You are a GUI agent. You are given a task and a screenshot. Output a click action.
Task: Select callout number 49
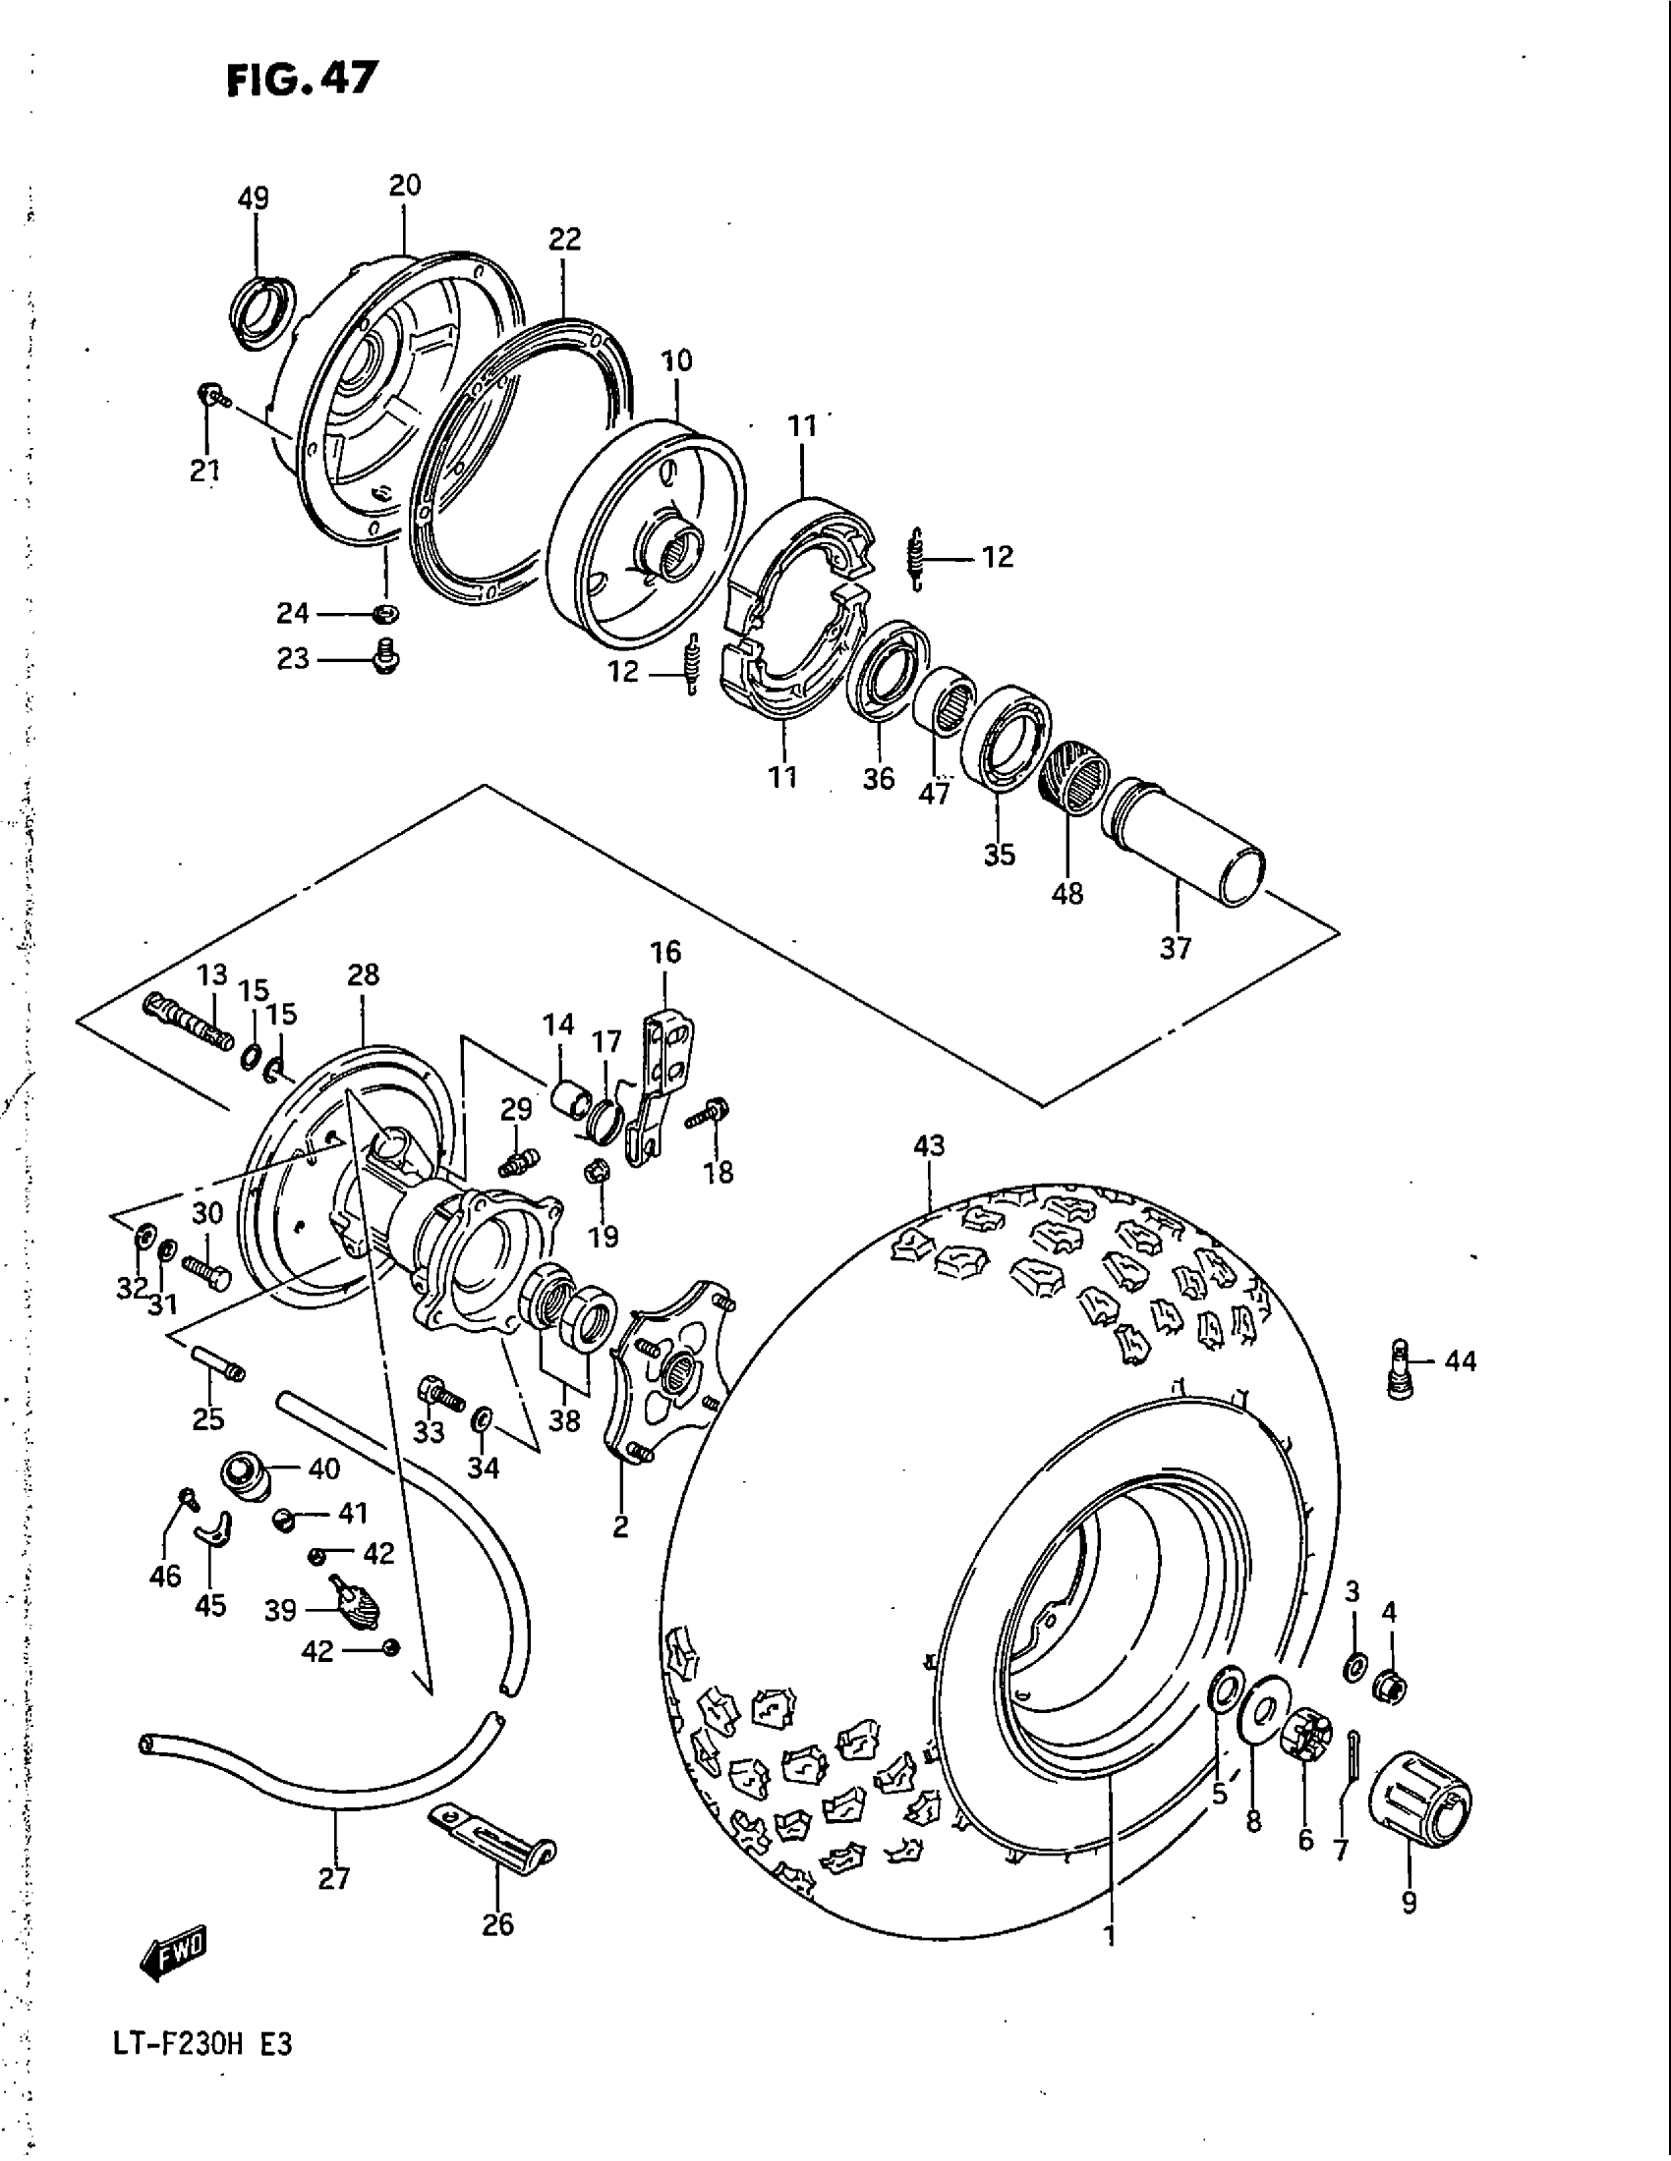coord(254,197)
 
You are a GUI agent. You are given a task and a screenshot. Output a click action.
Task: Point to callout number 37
coord(1175,948)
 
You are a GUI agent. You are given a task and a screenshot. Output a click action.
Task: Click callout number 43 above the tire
coord(929,1145)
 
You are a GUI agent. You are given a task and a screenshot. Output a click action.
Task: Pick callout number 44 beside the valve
coord(1460,1361)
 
